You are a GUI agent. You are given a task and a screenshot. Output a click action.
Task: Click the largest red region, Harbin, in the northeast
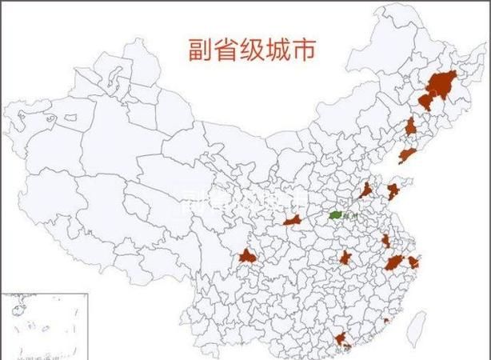click(441, 82)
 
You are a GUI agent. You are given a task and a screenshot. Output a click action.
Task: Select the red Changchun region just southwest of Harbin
click(425, 100)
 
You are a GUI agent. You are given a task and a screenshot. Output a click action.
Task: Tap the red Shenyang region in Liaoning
click(410, 126)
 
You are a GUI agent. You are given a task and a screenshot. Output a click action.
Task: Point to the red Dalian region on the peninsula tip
click(407, 155)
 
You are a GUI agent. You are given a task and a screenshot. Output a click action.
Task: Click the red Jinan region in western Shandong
click(366, 190)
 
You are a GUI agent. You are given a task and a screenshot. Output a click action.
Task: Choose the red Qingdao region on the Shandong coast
click(393, 191)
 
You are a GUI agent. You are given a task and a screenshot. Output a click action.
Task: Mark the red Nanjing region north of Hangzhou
click(386, 240)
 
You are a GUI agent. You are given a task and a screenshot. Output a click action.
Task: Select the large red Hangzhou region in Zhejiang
click(394, 262)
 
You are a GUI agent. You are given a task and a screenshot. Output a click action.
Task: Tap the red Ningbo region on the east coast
click(414, 262)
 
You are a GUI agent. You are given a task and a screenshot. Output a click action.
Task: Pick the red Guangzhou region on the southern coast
click(343, 339)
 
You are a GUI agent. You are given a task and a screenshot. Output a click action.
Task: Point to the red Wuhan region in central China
click(345, 258)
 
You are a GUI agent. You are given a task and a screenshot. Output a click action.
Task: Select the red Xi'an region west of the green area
click(291, 219)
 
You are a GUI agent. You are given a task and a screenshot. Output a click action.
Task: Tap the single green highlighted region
click(334, 214)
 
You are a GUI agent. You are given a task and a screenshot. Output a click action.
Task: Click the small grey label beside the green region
click(347, 218)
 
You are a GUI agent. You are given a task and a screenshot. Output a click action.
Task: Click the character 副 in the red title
click(200, 50)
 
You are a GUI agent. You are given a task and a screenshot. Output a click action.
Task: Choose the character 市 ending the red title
click(305, 50)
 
